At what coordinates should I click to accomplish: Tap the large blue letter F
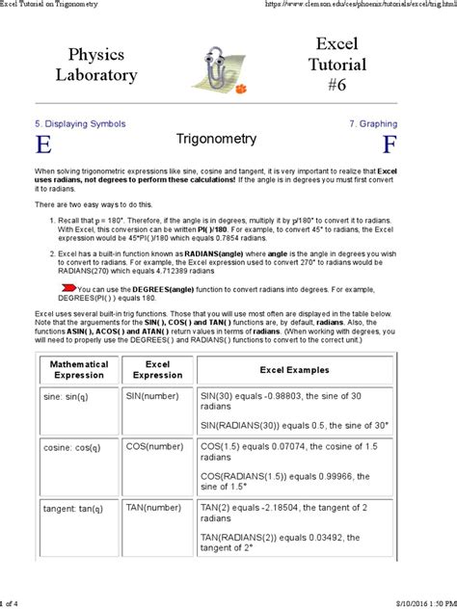point(389,146)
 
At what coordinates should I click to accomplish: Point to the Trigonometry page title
point(216,140)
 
